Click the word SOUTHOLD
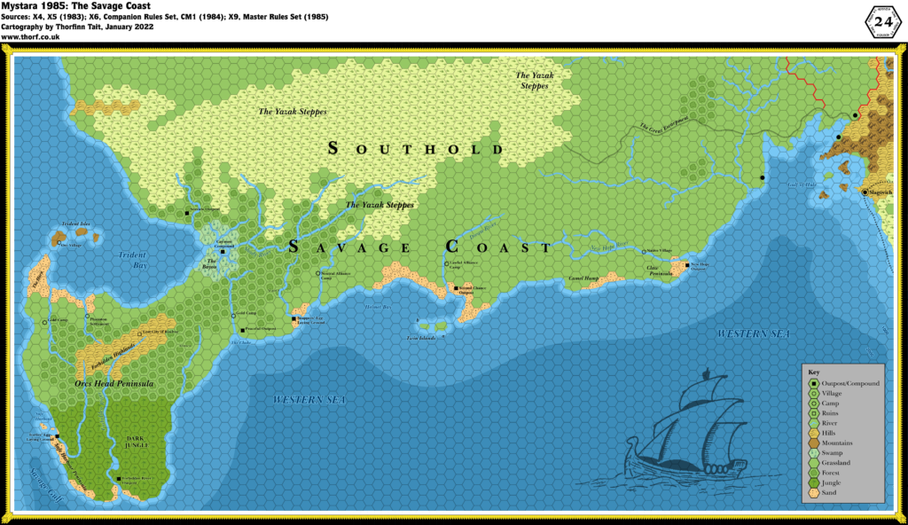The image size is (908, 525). click(415, 149)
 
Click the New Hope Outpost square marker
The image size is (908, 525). click(687, 264)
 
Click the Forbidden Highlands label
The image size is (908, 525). click(100, 354)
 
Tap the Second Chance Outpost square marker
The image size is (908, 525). click(455, 288)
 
